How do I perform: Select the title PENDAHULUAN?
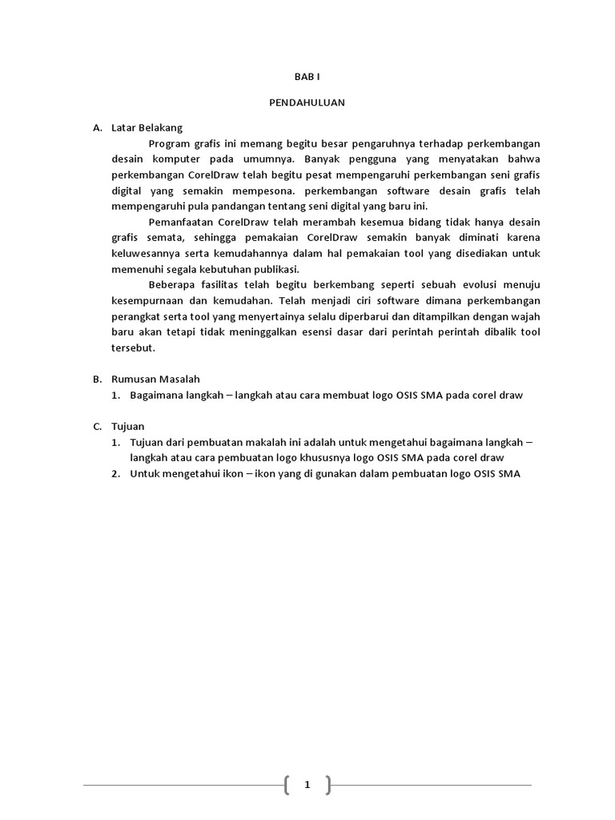coord(307,102)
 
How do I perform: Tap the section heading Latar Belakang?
coord(147,127)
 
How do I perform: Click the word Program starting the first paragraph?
coord(170,143)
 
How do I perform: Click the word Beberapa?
coord(172,284)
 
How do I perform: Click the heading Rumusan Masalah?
coord(155,379)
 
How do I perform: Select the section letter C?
coord(96,426)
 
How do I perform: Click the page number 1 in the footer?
coord(307,785)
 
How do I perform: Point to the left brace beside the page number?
coord(287,785)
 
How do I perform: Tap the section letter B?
coord(96,379)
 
